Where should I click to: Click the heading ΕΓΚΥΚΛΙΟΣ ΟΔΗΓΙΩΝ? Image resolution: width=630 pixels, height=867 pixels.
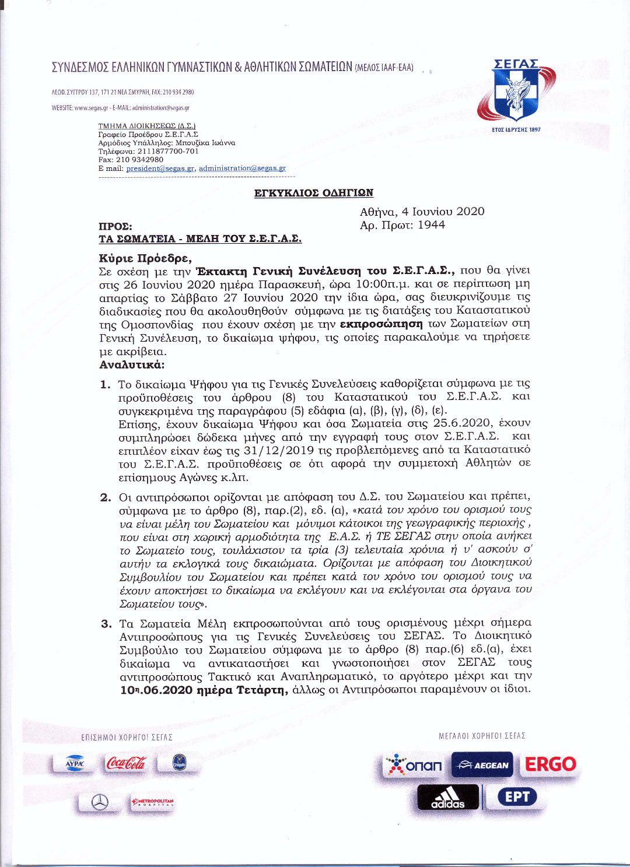point(313,193)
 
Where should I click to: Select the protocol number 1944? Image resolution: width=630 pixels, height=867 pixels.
point(431,225)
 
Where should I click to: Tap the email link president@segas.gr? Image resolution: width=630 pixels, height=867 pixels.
point(160,169)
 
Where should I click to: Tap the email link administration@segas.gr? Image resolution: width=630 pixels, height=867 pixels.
point(242,169)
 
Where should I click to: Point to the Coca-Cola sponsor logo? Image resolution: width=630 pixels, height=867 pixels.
point(126,763)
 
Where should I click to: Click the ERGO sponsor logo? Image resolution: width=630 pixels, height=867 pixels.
point(550,764)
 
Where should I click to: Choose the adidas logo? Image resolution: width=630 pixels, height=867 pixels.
point(448,798)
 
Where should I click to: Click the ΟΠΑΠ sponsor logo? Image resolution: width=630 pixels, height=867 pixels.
point(415,765)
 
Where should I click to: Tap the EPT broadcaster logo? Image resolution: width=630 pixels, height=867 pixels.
point(517,796)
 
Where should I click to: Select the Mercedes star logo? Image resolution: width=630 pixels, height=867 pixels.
point(100,803)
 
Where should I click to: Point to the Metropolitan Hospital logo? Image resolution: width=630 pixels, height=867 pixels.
point(152,802)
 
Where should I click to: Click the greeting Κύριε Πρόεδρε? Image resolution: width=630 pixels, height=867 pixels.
point(145,258)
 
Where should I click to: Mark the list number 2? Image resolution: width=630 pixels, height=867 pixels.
point(106,497)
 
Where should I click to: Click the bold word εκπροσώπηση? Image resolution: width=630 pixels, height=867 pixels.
point(381,324)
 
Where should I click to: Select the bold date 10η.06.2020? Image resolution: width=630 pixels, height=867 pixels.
point(157,690)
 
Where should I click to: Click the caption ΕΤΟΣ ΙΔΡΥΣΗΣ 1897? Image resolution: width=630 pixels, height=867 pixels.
point(516,129)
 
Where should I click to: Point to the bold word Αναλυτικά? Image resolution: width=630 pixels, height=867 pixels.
point(132,365)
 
